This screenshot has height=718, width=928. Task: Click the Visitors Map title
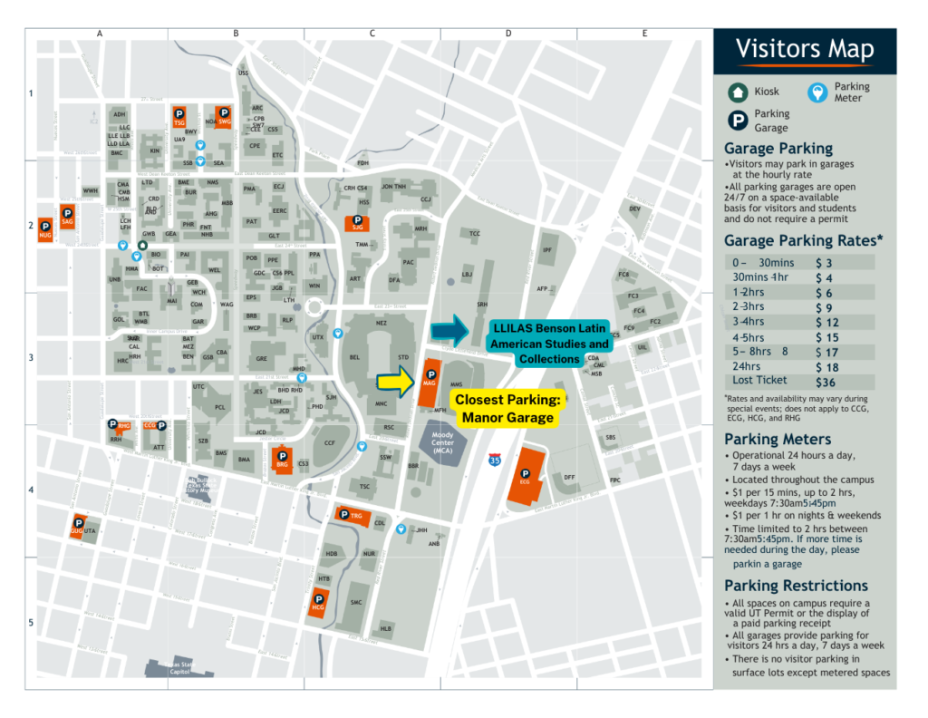click(805, 49)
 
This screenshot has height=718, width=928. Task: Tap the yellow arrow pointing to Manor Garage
click(395, 382)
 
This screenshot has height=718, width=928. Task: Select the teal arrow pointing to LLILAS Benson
click(450, 330)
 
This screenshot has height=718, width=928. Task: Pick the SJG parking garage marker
click(357, 222)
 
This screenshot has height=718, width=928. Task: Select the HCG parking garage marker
click(318, 602)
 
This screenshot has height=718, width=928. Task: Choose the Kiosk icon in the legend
click(738, 92)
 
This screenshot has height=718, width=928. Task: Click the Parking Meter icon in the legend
click(817, 92)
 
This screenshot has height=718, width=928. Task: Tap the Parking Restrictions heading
click(796, 586)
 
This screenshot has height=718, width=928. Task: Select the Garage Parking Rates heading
click(804, 240)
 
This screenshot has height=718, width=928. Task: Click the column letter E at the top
click(644, 34)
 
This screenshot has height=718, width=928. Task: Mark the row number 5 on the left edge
click(30, 623)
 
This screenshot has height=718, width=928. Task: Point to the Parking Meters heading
click(778, 439)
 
